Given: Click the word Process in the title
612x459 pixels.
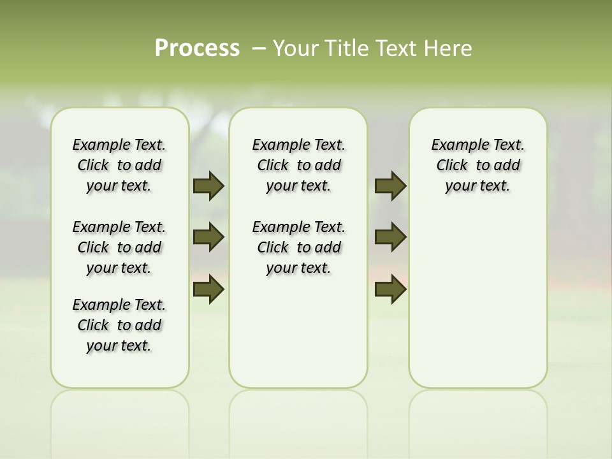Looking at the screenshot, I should click(197, 48).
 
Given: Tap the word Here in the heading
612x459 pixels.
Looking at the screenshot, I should click(449, 48).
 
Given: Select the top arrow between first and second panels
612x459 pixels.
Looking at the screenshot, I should click(208, 186).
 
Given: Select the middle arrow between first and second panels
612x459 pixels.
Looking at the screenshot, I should click(208, 237).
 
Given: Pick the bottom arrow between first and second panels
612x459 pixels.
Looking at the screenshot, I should click(208, 289).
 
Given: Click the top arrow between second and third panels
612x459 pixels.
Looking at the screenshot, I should click(390, 186).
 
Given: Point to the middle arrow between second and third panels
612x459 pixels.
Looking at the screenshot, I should click(390, 237).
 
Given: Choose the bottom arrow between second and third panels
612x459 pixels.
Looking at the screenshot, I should click(390, 289).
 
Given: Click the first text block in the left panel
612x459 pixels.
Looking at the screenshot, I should click(119, 165).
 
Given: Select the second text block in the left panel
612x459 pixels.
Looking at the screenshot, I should click(119, 247).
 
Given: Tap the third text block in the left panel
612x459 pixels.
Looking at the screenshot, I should click(119, 325).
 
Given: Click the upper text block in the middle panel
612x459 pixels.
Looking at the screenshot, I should click(298, 165).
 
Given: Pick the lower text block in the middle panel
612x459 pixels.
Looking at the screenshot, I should click(298, 247).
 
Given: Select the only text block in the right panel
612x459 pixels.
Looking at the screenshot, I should click(478, 165).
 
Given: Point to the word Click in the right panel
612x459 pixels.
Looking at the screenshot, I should click(452, 166).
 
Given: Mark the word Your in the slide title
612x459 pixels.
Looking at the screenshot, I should click(295, 48).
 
